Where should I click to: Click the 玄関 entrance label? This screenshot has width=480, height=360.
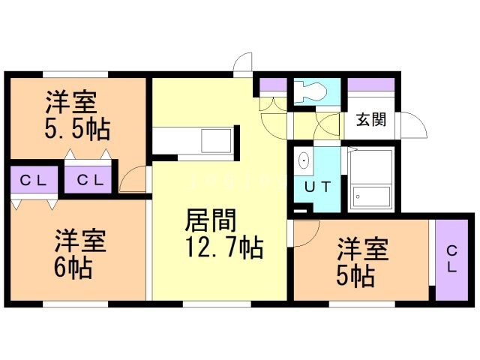click(x=370, y=119)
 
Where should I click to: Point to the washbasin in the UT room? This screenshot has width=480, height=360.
click(x=304, y=160)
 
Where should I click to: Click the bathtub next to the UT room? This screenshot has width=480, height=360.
click(x=370, y=180)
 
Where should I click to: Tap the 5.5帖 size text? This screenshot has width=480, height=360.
click(x=77, y=128)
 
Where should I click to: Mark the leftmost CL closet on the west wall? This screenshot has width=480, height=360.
click(x=33, y=180)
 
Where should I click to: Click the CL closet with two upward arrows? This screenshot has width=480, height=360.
click(x=88, y=180)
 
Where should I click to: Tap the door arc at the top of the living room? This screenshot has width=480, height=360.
click(x=242, y=64)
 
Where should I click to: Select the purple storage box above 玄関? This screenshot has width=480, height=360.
click(x=370, y=84)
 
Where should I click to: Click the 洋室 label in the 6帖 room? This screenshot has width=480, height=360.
click(x=79, y=241)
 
